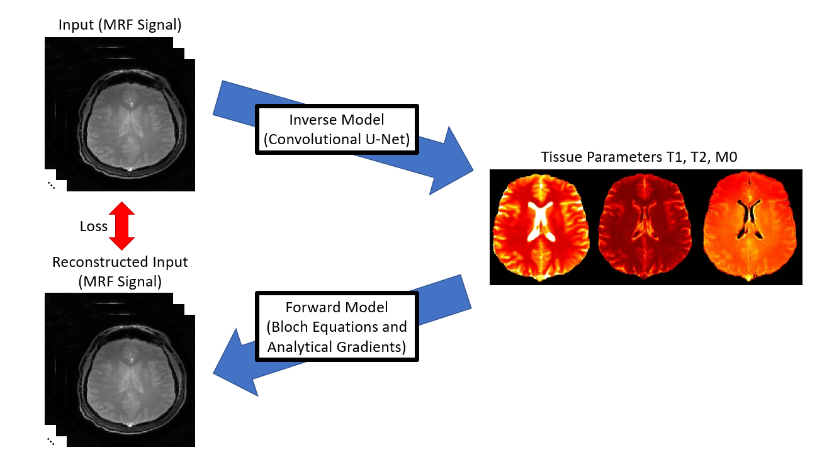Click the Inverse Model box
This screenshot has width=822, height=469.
coord(337,130)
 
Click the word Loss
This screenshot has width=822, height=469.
coord(94,226)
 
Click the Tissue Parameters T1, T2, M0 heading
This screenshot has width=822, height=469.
coord(639,157)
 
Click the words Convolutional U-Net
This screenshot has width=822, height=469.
coord(337,140)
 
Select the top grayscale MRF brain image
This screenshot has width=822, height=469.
coord(130,126)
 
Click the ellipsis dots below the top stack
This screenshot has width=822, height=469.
coord(50,184)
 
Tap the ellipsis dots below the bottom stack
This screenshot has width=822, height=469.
coord(50,441)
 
